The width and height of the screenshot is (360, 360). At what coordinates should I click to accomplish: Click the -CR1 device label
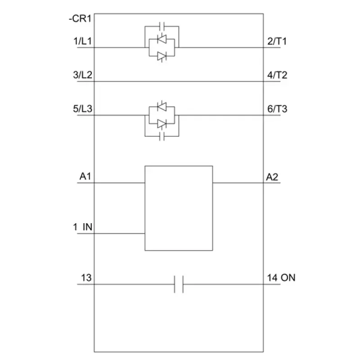[x=80, y=18]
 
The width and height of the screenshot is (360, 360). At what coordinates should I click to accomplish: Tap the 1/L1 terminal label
[x=82, y=41]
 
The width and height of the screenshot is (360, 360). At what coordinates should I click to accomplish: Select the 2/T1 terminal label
[x=277, y=41]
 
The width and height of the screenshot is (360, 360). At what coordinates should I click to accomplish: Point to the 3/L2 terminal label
[x=83, y=75]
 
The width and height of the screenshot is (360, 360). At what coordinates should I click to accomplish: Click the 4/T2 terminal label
[x=277, y=75]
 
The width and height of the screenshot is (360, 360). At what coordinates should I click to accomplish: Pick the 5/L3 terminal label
[x=83, y=108]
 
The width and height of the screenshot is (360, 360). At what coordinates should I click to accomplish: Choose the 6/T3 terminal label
[x=277, y=109]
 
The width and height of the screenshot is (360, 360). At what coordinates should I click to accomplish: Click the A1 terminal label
[x=85, y=176]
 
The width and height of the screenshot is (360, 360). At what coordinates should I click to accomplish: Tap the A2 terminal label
[x=272, y=177]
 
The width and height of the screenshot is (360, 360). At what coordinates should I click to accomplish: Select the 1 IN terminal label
[x=83, y=227]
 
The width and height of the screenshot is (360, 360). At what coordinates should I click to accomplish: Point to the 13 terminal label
[x=86, y=278]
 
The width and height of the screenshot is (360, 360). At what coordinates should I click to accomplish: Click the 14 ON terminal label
[x=281, y=278]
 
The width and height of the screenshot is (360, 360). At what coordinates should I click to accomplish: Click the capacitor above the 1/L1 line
[x=162, y=27]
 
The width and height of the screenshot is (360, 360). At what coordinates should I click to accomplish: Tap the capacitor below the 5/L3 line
[x=162, y=136]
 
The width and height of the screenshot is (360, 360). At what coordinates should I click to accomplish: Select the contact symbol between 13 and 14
[x=179, y=284]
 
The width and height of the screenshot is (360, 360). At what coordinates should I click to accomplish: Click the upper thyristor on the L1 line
[x=162, y=39]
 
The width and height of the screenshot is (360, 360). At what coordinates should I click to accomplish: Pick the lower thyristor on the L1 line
[x=162, y=56]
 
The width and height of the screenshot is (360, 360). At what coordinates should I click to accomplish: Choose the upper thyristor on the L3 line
[x=162, y=107]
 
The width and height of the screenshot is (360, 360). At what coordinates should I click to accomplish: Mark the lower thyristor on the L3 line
[x=162, y=124]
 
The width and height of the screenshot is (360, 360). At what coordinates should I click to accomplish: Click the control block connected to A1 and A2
[x=179, y=208]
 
